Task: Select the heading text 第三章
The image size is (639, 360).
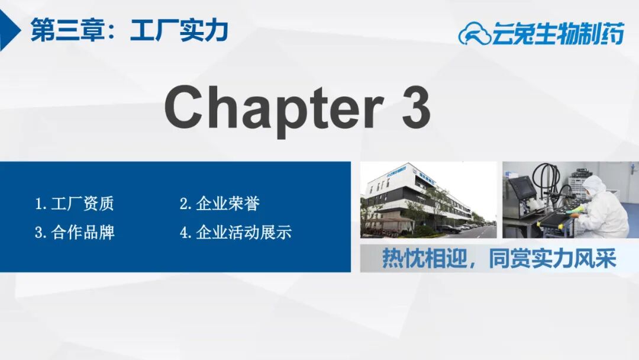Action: coord(67,30)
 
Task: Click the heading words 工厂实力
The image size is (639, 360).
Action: coord(179,30)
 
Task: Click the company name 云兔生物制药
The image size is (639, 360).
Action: coord(558,33)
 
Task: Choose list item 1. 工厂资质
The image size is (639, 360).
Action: coord(74,204)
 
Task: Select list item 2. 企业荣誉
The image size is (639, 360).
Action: coord(220,204)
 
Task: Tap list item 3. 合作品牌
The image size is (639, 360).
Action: coord(75,232)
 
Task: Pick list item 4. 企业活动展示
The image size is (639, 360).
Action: coord(235,232)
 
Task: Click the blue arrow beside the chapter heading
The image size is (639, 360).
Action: coord(10,30)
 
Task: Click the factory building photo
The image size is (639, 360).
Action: coord(428,200)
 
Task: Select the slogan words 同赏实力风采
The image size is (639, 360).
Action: coord(552,259)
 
